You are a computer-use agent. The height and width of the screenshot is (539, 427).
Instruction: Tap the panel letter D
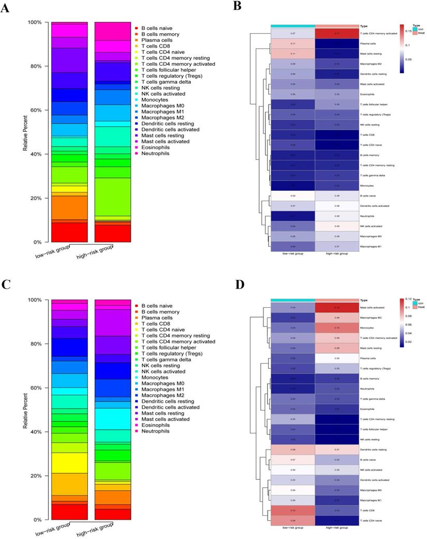coord(238,285)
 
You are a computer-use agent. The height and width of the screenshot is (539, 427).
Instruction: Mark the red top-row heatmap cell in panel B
coord(336,34)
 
